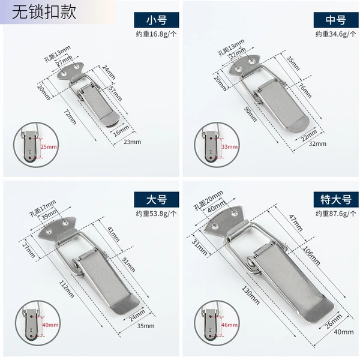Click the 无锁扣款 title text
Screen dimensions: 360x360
(44, 12)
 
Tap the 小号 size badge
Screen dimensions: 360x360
(157, 20)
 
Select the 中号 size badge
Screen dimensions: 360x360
(336, 20)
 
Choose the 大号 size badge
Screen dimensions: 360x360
(157, 200)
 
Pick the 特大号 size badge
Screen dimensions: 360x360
(336, 200)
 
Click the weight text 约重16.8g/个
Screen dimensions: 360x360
(157, 34)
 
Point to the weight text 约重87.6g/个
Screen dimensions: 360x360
(336, 214)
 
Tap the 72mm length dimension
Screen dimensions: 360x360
(70, 117)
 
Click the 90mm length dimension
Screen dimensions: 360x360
(250, 114)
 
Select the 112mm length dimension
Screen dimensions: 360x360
(67, 289)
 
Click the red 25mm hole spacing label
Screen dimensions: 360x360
(49, 147)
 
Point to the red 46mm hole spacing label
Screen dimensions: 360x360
(229, 325)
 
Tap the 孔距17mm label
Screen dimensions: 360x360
(43, 208)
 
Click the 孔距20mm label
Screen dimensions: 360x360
(209, 200)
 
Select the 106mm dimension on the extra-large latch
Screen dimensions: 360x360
(311, 256)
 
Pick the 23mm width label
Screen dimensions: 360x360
(132, 142)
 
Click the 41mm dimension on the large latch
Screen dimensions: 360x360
(113, 234)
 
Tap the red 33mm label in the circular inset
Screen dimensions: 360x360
(230, 147)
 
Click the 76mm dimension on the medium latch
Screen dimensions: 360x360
(305, 91)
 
